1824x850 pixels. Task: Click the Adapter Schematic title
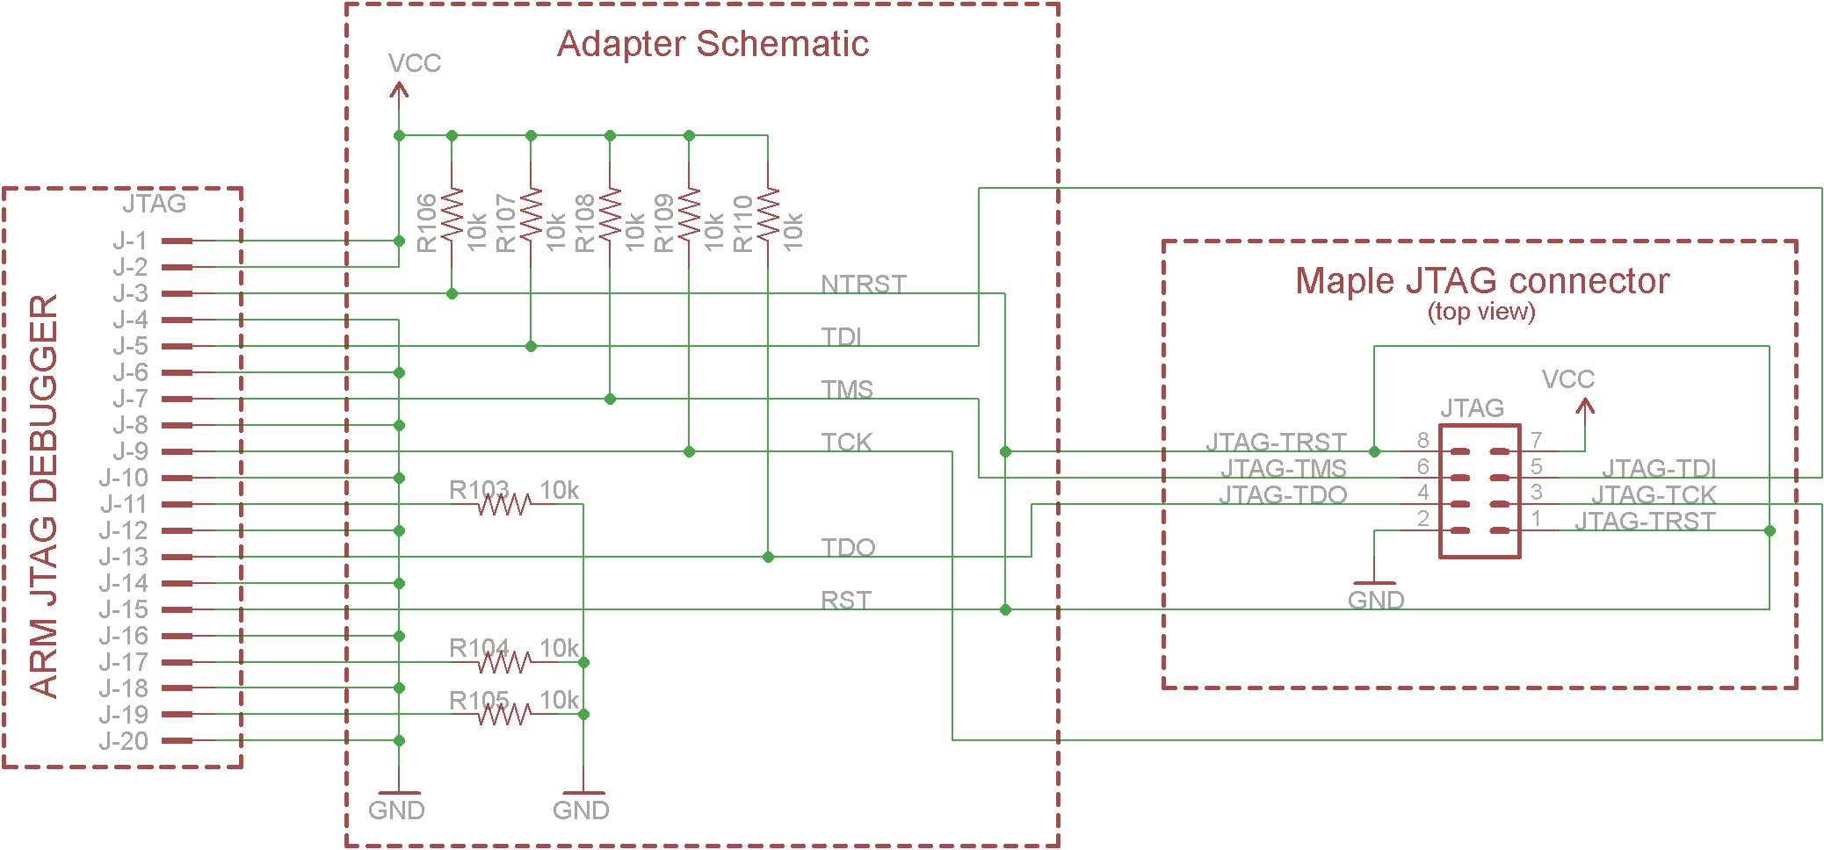coord(713,44)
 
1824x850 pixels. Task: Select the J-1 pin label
coord(130,241)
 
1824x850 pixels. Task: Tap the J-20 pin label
coord(123,741)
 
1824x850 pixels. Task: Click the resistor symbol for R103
coord(503,505)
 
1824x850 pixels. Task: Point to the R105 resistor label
coord(479,700)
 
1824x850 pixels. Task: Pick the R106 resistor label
coord(426,223)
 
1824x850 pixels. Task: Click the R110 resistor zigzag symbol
coord(768,214)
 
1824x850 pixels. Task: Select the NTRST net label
coord(863,284)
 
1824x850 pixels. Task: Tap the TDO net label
coord(848,547)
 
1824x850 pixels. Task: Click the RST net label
coord(845,600)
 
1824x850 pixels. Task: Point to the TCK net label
coord(846,442)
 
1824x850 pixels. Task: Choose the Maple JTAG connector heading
coord(1482,281)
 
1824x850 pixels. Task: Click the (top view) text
coord(1481,312)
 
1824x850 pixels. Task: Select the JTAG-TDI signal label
coord(1659,468)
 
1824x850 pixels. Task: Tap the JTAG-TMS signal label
coord(1283,468)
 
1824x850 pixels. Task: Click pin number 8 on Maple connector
coord(1422,440)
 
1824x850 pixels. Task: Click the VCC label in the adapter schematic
coord(414,63)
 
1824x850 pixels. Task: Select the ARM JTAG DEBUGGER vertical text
coord(44,495)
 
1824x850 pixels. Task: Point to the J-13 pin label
coord(123,557)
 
